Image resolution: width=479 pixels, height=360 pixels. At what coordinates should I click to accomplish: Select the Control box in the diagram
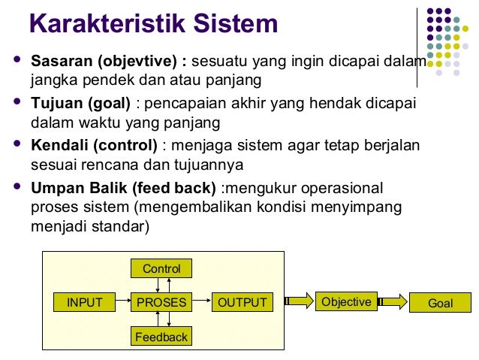pyautogui.click(x=161, y=268)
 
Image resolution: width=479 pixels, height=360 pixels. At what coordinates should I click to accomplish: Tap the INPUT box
pyautogui.click(x=84, y=303)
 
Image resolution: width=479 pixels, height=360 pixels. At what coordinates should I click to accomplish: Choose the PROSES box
pyautogui.click(x=161, y=303)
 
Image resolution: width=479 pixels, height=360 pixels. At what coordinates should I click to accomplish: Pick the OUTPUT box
pyautogui.click(x=242, y=303)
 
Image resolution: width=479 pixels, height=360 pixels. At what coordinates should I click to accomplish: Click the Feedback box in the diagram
pyautogui.click(x=161, y=337)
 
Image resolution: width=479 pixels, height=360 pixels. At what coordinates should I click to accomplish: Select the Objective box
pyautogui.click(x=346, y=302)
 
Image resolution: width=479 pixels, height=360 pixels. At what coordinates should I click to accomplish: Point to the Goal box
pyautogui.click(x=440, y=304)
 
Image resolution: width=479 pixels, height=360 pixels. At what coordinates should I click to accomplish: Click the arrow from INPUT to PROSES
pyautogui.click(x=122, y=303)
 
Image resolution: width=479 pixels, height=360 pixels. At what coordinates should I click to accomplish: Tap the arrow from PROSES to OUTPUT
pyautogui.click(x=201, y=303)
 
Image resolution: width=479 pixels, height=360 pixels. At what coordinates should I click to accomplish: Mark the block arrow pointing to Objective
pyautogui.click(x=298, y=302)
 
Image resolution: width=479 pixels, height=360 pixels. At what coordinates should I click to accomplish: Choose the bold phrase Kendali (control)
pyautogui.click(x=94, y=145)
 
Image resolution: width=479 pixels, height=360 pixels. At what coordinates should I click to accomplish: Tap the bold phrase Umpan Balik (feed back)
pyautogui.click(x=122, y=187)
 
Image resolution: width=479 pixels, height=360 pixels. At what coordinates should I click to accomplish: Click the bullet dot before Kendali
pyautogui.click(x=17, y=142)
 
